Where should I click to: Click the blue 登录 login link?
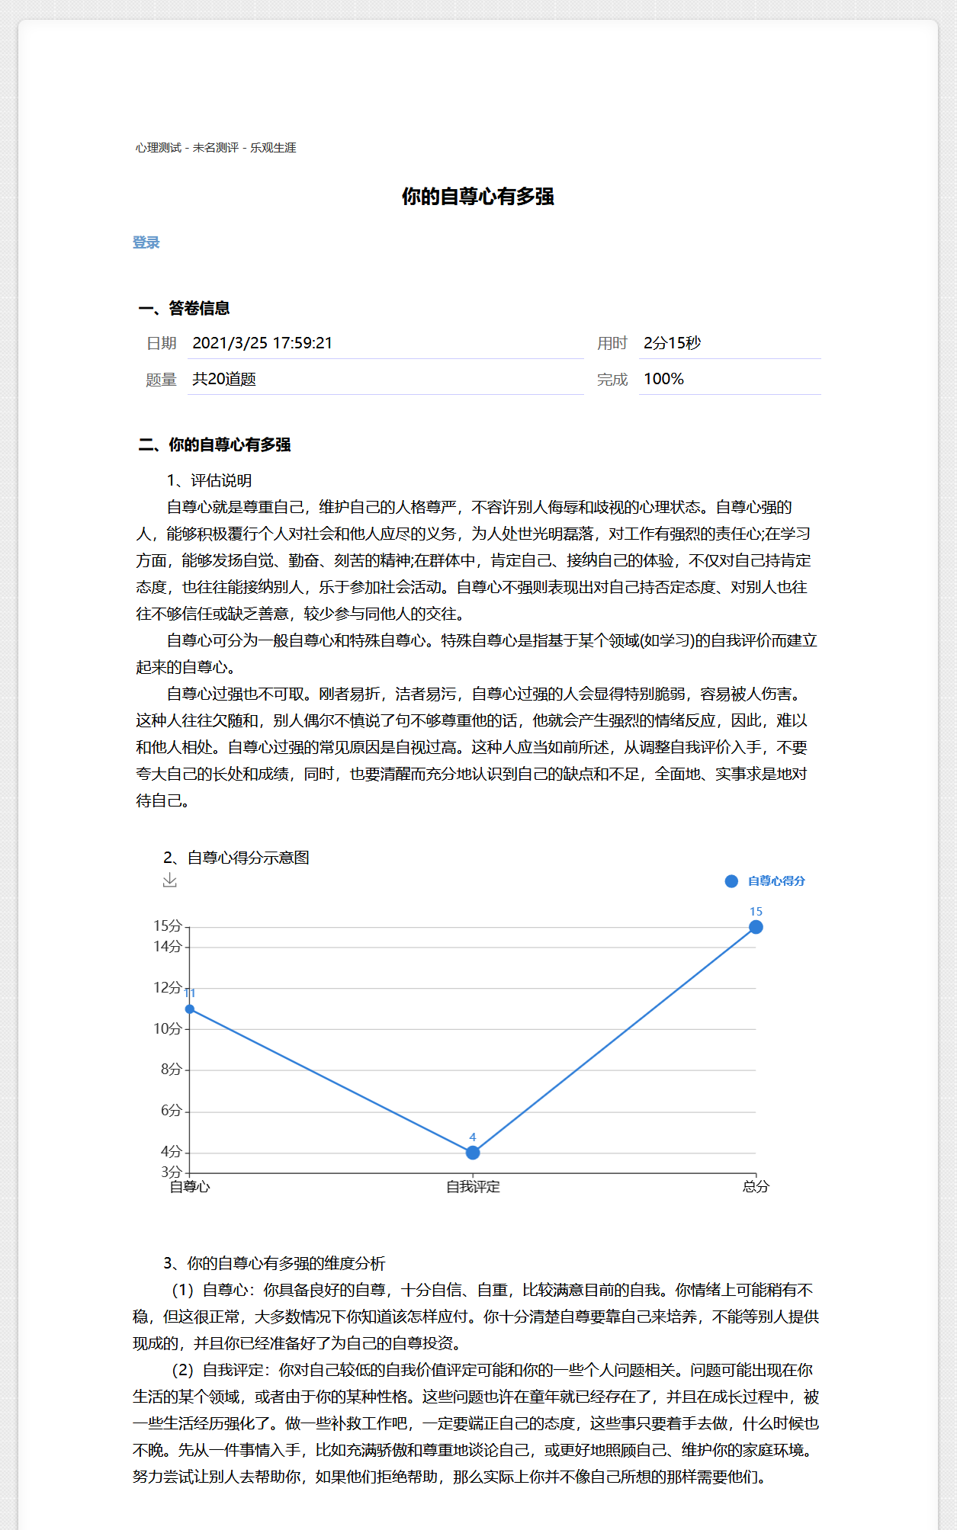point(146,242)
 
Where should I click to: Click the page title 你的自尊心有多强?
point(478,197)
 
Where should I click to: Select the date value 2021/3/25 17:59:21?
point(262,343)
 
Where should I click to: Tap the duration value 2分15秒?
point(672,343)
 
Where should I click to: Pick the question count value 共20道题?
point(223,379)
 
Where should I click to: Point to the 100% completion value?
point(663,379)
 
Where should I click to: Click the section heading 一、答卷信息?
point(184,308)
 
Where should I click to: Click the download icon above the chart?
point(170,880)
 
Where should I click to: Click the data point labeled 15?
point(756,927)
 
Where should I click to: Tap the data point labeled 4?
point(473,1153)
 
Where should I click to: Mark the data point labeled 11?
point(190,1009)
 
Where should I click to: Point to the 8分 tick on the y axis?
point(171,1070)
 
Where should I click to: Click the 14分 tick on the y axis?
point(168,947)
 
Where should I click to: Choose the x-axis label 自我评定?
point(473,1187)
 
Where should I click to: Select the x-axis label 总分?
point(756,1187)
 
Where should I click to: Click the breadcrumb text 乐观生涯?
point(273,148)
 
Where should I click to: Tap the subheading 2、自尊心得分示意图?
point(236,858)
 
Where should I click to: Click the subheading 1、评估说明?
point(210,480)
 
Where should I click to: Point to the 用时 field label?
point(612,344)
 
